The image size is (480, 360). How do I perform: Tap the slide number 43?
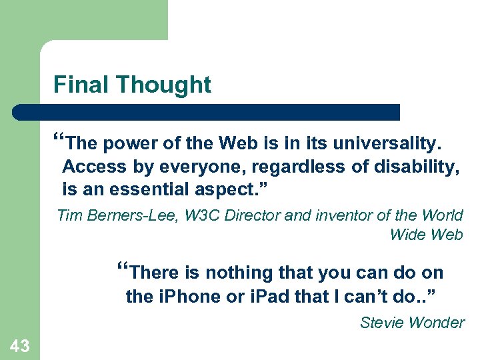19,345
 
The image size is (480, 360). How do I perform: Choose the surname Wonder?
437,323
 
